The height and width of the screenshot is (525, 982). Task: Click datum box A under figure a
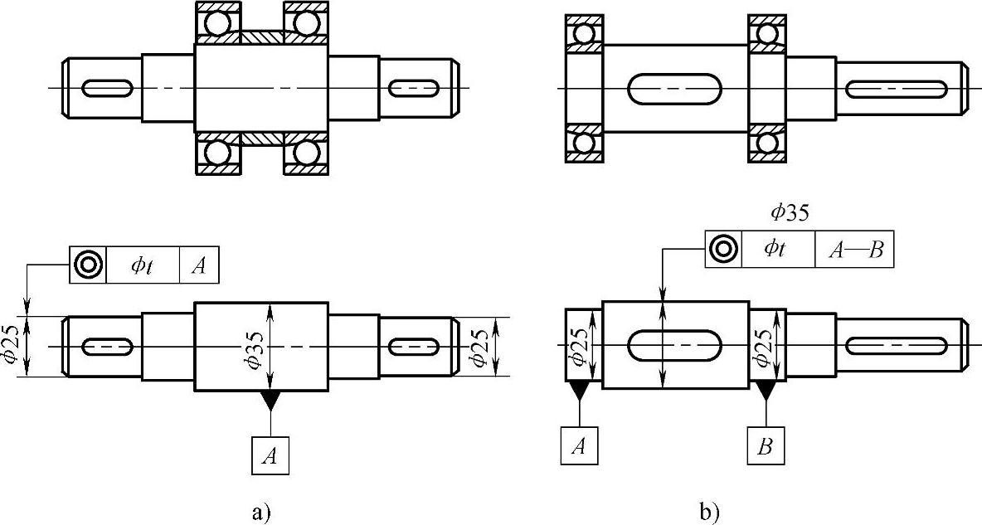tap(270, 455)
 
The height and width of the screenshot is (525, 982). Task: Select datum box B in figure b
tap(766, 445)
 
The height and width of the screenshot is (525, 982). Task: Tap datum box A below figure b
tap(579, 445)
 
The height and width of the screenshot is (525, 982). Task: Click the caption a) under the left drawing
tap(262, 512)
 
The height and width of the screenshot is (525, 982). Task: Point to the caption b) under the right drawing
tap(710, 512)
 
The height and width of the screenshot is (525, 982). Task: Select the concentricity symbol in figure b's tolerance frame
tap(723, 249)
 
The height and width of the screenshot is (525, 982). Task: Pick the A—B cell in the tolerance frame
tap(854, 249)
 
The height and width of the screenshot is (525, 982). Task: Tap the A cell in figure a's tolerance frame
tap(198, 265)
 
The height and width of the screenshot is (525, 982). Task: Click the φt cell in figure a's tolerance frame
tap(143, 265)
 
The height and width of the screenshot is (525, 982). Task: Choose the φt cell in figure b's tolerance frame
tap(777, 249)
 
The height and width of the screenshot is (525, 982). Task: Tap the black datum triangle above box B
tap(766, 390)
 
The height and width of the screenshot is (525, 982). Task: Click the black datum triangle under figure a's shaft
tap(270, 400)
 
